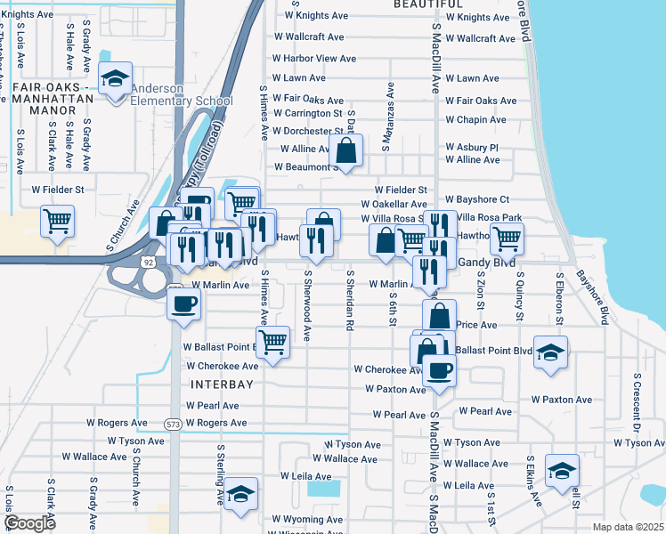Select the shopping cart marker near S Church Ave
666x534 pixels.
click(58, 221)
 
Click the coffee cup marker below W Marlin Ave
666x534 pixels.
click(184, 304)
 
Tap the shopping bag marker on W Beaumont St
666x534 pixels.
click(347, 150)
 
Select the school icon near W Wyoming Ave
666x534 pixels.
click(240, 496)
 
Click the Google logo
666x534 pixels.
click(29, 523)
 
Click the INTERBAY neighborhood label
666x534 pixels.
click(222, 384)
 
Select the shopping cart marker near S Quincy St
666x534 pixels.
click(507, 238)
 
